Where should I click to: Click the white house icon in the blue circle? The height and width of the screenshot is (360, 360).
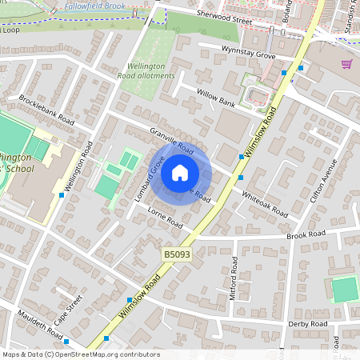click(180, 172)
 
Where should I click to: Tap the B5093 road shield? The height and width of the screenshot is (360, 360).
click(177, 254)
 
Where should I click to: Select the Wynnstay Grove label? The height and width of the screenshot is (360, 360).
click(248, 53)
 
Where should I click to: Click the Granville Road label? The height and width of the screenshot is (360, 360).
click(171, 140)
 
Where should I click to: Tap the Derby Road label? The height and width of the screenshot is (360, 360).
click(308, 324)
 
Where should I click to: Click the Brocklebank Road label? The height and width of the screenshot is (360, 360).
click(47, 112)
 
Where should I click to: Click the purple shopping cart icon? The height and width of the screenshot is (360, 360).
click(347, 64)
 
